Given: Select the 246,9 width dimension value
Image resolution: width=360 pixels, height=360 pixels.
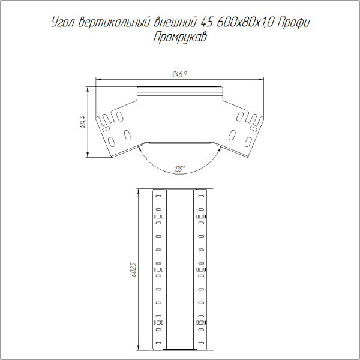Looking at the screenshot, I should point(180,74).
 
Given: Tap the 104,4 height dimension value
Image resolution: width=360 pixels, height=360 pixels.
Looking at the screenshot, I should point(83,122).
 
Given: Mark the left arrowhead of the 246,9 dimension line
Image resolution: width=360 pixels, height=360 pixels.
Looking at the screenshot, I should point(99,79).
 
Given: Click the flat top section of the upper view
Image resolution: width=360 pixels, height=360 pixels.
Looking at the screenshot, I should point(180,93).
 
